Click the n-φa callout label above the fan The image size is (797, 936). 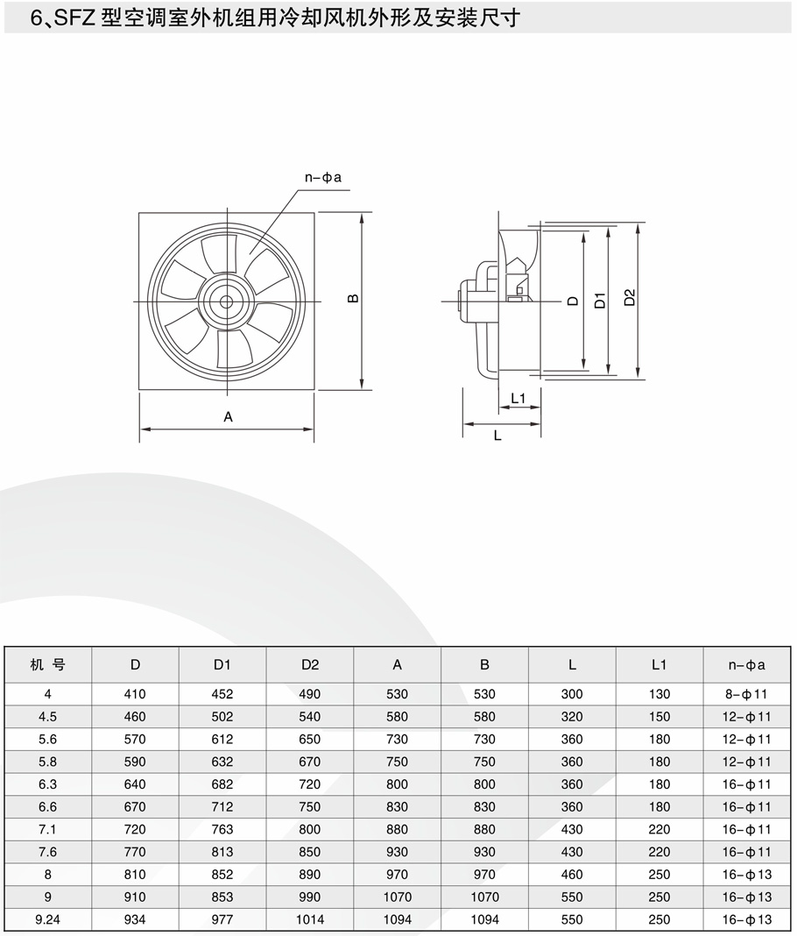(322, 177)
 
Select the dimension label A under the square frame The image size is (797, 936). (228, 416)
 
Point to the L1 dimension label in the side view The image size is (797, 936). (518, 398)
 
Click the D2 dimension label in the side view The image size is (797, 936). (630, 297)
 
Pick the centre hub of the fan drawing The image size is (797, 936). (226, 301)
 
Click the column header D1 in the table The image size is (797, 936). (222, 664)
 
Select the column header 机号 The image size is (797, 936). (47, 664)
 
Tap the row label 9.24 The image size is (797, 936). (47, 919)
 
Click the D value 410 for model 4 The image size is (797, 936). (135, 693)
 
